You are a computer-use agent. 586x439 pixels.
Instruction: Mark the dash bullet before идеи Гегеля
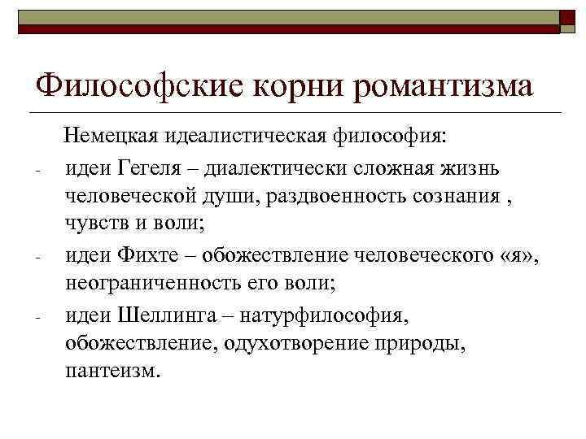pos(37,172)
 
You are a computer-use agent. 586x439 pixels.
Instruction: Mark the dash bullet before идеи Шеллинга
pos(37,318)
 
